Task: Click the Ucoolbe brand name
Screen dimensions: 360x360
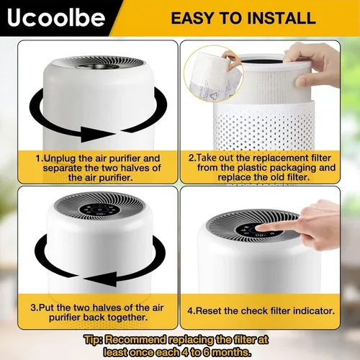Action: [56, 18]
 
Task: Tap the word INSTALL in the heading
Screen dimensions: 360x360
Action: [282, 18]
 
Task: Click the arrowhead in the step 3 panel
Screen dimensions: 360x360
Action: [100, 279]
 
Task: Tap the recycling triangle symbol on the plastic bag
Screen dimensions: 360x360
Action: [213, 96]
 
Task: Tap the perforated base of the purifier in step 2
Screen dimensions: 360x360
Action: [264, 127]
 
